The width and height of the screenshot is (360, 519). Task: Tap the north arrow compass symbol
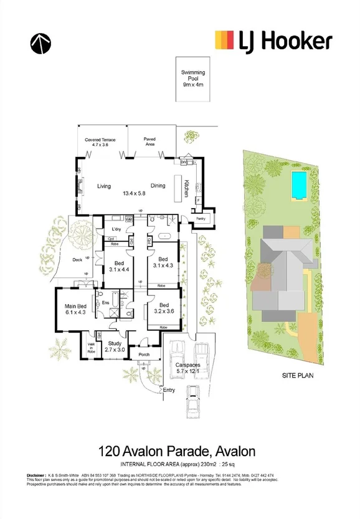(x=40, y=42)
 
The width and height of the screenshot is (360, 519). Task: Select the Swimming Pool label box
(x=194, y=79)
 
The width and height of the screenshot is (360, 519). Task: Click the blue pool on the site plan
(x=300, y=185)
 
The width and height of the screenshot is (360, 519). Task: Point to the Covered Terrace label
(x=101, y=142)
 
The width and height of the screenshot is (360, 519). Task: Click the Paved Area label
(x=149, y=141)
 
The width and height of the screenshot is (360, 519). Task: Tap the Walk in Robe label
(x=92, y=349)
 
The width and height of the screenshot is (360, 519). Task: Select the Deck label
(x=77, y=260)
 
